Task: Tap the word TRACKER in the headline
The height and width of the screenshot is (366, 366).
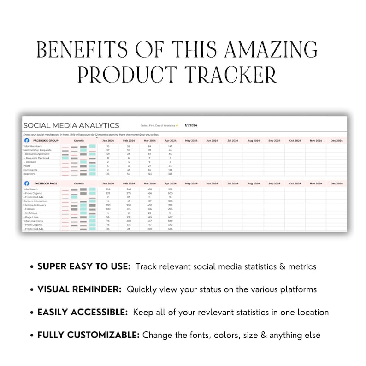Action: pos(227,74)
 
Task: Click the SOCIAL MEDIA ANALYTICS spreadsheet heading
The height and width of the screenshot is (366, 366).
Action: pos(71,125)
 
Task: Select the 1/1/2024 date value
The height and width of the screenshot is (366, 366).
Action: pos(191,125)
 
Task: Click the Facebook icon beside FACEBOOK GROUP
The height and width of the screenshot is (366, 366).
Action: pos(26,140)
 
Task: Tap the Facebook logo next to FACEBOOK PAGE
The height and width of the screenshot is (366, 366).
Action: pos(26,183)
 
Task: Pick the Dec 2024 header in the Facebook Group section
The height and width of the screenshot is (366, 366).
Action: pos(336,140)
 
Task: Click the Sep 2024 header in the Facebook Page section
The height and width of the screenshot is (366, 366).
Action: pos(274,183)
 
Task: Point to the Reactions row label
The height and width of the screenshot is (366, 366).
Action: pos(30,174)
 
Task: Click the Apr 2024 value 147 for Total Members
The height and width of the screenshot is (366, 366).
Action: pos(170,146)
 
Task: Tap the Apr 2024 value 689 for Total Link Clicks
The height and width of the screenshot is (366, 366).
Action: pos(170,221)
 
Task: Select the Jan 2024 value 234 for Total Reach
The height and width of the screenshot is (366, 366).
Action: pos(107,189)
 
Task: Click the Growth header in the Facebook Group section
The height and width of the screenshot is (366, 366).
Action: pos(79,140)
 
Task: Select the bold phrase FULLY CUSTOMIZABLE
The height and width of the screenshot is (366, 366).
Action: pos(88,335)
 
